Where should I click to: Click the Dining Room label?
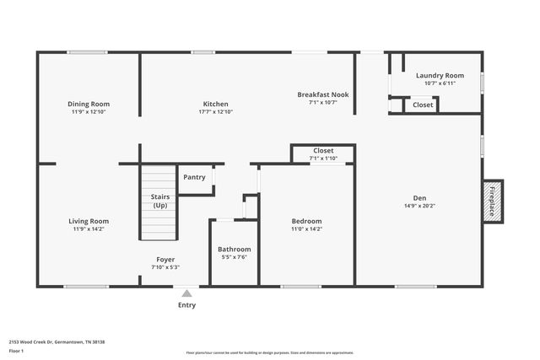[89, 104]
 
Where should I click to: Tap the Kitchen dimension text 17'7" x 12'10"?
[215, 111]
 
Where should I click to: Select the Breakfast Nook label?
[322, 94]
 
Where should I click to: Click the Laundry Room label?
[440, 76]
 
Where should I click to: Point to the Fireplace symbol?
[493, 201]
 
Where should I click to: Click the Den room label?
[418, 197]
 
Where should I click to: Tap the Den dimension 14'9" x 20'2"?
[418, 205]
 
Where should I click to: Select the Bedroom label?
[306, 221]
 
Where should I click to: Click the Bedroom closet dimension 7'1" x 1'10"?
[323, 158]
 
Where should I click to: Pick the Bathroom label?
[234, 249]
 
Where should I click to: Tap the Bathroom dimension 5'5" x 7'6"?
[234, 257]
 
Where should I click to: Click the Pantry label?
[194, 177]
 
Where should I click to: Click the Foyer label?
[165, 259]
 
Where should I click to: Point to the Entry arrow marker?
[186, 293]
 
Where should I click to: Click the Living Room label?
[89, 221]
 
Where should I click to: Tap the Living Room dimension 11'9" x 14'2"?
[89, 228]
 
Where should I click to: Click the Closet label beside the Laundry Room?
[422, 105]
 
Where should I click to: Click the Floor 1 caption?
[16, 351]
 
